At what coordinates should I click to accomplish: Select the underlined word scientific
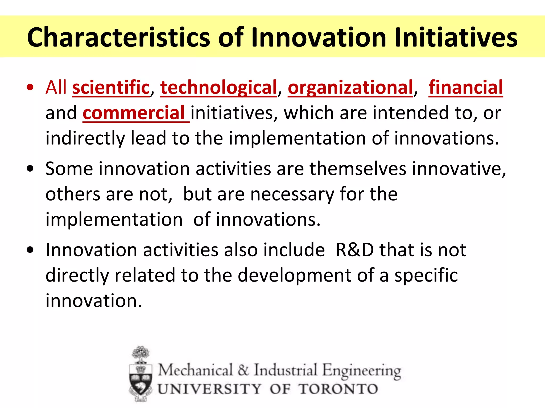[111, 87]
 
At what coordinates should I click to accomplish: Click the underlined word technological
[218, 87]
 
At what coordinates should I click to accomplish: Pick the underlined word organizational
[350, 87]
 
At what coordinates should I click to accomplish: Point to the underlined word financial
[465, 87]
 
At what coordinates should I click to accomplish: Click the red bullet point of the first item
[30, 88]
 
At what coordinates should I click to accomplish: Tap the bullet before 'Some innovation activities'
[30, 169]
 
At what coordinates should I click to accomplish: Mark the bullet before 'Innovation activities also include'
[30, 250]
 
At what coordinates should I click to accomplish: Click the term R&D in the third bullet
[354, 250]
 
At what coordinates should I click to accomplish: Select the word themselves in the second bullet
[358, 169]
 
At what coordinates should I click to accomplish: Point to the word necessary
[292, 194]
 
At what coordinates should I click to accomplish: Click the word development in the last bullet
[294, 275]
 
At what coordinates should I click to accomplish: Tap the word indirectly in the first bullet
[85, 138]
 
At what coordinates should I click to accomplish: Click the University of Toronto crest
[141, 375]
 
